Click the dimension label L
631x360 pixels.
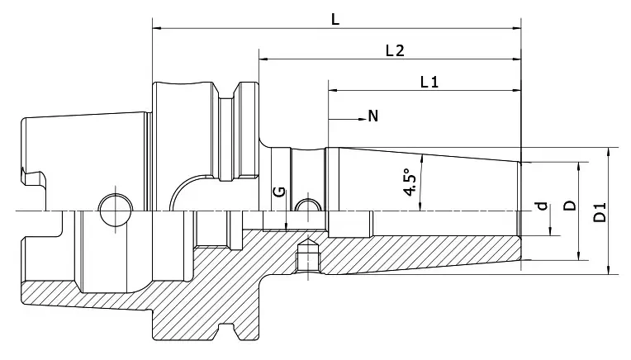(335, 19)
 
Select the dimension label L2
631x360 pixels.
(394, 50)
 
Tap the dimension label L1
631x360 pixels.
(428, 82)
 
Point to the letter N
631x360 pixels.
(373, 116)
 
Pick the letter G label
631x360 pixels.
(279, 192)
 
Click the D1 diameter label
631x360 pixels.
(600, 211)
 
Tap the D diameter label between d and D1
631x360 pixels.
(569, 203)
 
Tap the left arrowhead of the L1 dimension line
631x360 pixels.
(333, 91)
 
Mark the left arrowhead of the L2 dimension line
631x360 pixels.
(263, 59)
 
